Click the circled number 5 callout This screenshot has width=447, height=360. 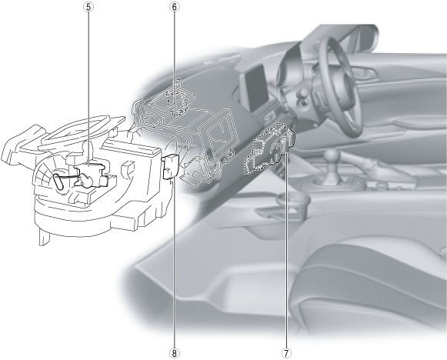pyautogui.click(x=88, y=7)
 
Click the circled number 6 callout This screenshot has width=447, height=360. pyautogui.click(x=175, y=7)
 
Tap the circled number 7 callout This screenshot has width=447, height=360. pyautogui.click(x=286, y=353)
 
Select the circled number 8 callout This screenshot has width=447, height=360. pyautogui.click(x=175, y=353)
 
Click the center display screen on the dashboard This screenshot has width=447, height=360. pyautogui.click(x=255, y=87)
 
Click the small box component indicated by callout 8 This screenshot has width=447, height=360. pyautogui.click(x=170, y=166)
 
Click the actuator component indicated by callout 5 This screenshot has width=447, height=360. pyautogui.click(x=90, y=173)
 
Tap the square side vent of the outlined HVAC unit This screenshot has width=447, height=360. pyautogui.click(x=221, y=132)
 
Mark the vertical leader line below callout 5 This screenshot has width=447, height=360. pyautogui.click(x=88, y=89)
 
